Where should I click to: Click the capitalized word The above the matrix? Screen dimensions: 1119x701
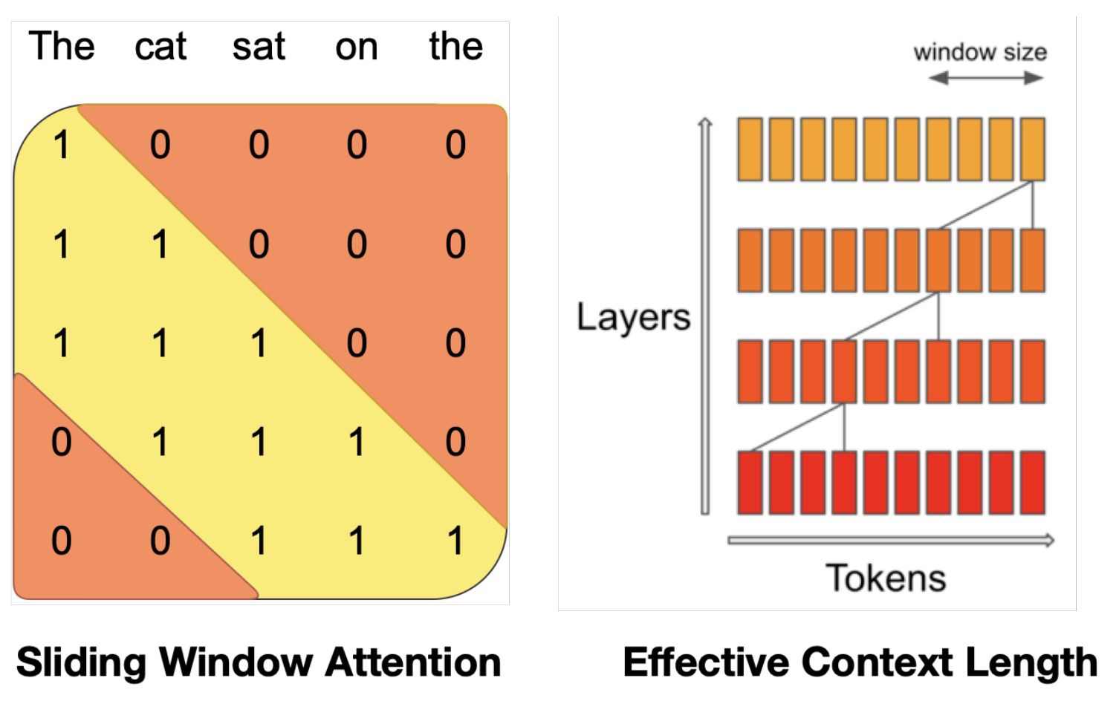coord(62,46)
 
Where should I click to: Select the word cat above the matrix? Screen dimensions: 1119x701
coord(160,47)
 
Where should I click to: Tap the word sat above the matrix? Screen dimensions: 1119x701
coord(259,47)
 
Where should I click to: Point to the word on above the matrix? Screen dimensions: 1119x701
coord(356,49)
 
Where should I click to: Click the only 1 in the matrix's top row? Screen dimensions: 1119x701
coord(61,145)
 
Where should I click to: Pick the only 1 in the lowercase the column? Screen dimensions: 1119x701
coord(455,540)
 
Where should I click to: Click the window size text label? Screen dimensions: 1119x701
coord(980,53)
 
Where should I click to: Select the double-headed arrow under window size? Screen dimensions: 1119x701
coord(986,78)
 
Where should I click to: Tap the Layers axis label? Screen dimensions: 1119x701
coord(634,318)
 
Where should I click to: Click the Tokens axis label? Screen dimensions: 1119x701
coord(886,578)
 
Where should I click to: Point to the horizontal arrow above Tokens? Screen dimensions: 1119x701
coord(891,540)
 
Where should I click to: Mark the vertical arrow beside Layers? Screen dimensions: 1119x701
coord(705,316)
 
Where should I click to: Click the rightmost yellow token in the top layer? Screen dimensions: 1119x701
coord(1033,149)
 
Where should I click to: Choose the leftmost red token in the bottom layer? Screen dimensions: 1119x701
coord(750,483)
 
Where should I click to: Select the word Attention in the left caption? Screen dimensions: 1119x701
coord(412,662)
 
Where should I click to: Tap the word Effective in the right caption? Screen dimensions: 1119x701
coord(707,662)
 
